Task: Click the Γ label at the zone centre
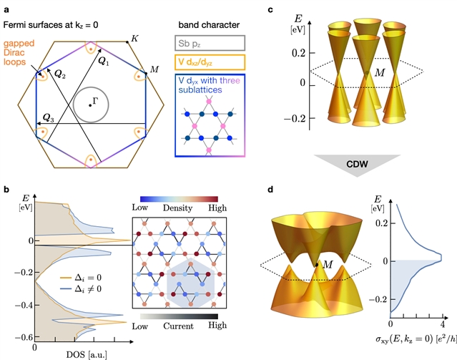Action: [x=94, y=101]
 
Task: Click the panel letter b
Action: [x=6, y=188]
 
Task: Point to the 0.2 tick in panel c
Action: [x=308, y=53]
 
